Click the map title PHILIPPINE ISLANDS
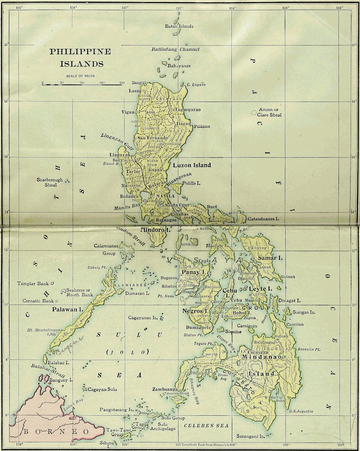[80, 58]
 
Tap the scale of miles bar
[82, 84]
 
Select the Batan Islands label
[179, 26]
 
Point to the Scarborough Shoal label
[49, 182]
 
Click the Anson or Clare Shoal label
[269, 112]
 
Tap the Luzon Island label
[192, 165]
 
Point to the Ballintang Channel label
[175, 49]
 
